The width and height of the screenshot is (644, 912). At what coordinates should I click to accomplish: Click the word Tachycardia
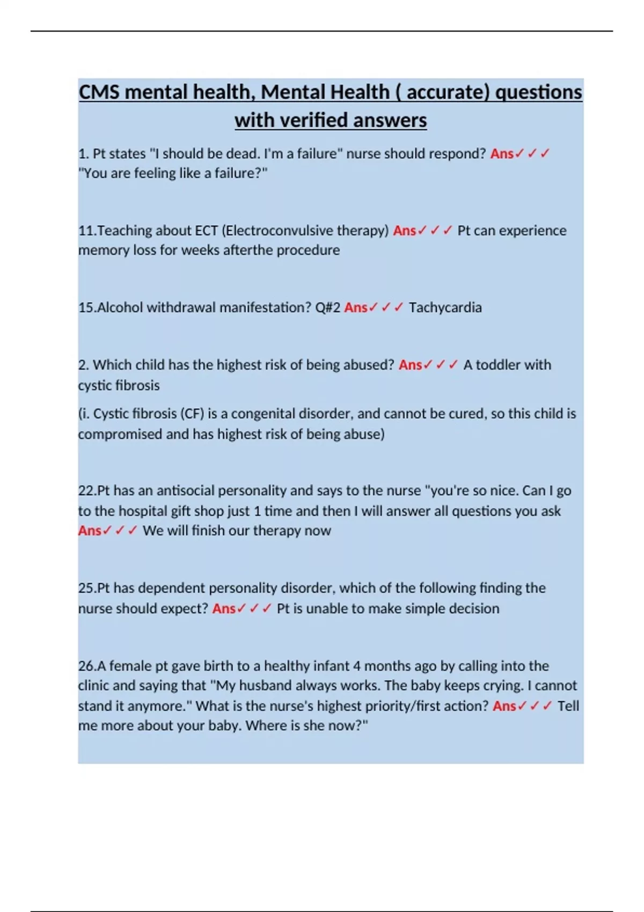[x=445, y=307]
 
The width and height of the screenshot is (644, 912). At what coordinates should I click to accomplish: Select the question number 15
[x=86, y=307]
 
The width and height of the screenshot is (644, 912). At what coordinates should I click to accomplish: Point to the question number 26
[x=86, y=666]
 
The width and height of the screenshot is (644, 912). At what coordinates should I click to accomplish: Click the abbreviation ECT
[x=206, y=231]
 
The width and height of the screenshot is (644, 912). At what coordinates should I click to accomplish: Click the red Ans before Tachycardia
[x=355, y=307]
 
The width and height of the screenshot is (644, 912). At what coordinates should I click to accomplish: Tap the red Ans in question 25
[x=224, y=608]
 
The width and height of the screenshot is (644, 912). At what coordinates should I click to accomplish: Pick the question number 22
[x=86, y=491]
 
